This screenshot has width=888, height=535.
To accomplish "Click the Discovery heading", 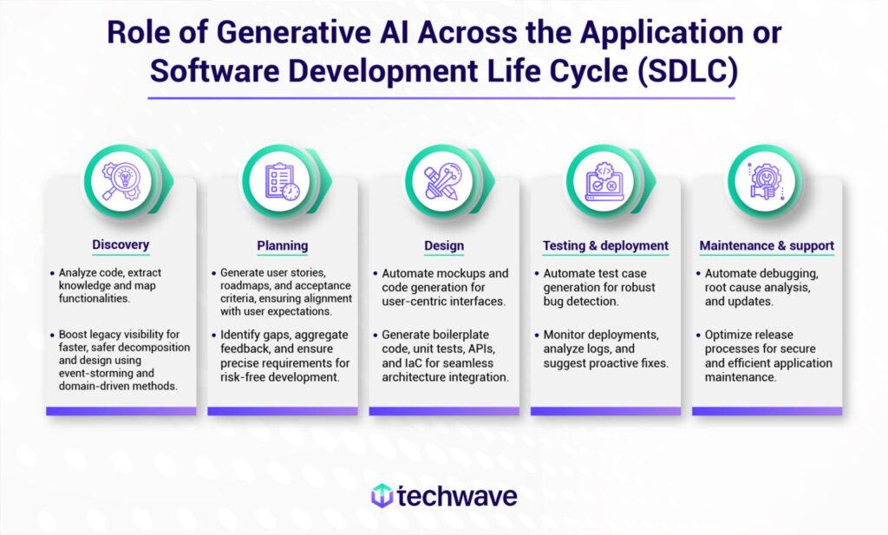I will pyautogui.click(x=121, y=245).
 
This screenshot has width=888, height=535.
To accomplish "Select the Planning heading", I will pyautogui.click(x=282, y=245).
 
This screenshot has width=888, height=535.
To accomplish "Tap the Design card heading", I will pyautogui.click(x=444, y=245).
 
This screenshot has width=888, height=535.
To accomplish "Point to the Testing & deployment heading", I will pyautogui.click(x=605, y=245).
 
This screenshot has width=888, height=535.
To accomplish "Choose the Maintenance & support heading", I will pyautogui.click(x=767, y=245).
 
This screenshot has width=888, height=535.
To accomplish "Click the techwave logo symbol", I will pyautogui.click(x=382, y=496).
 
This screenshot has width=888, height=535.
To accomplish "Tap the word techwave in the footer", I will pyautogui.click(x=457, y=496).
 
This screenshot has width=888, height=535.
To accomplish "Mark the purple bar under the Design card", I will pyautogui.click(x=444, y=411).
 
